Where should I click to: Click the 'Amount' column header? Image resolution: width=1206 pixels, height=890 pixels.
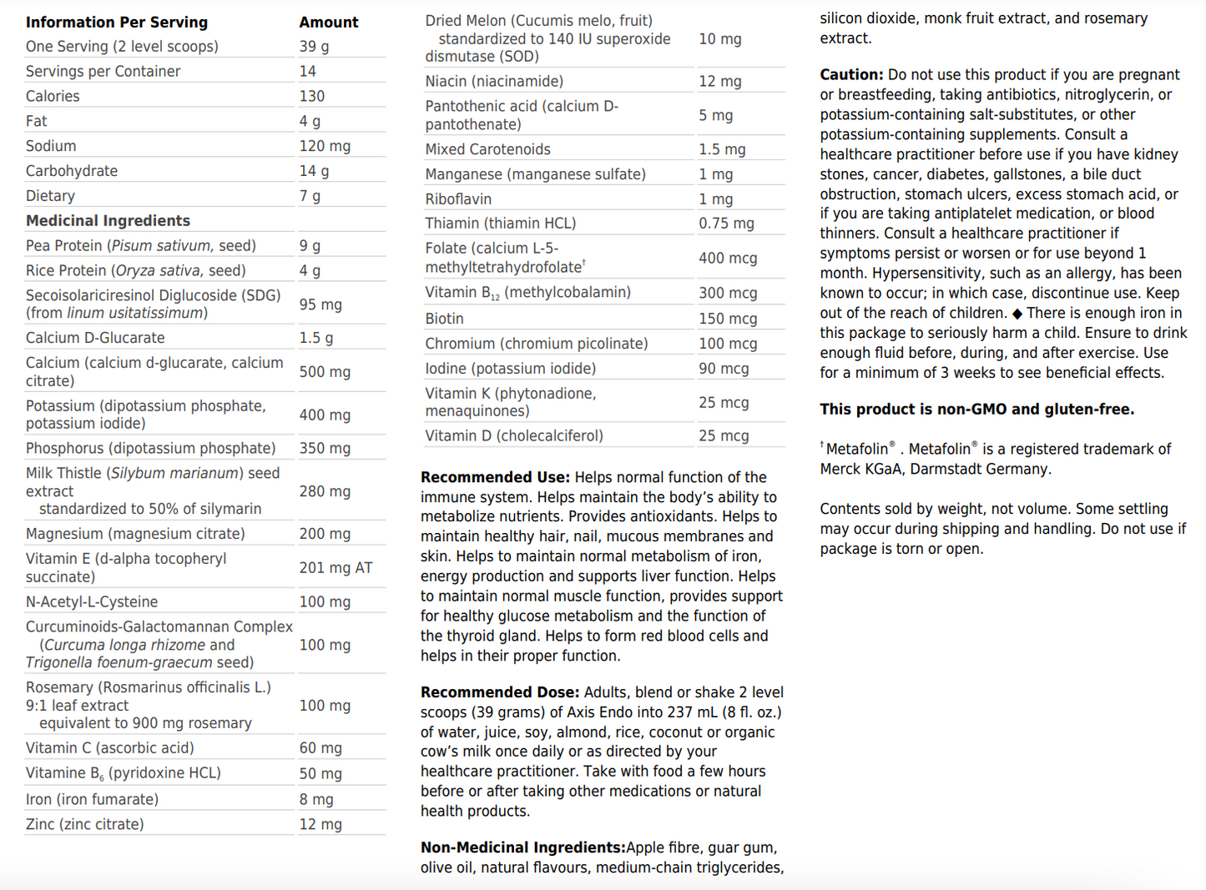pos(329,23)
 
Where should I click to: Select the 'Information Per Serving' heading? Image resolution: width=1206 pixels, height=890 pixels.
pos(117,23)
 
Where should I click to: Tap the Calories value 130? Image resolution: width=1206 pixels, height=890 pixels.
pos(312,97)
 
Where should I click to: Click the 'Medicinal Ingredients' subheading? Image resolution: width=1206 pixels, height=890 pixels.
pos(108,221)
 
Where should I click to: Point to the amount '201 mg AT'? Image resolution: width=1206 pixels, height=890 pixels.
pos(336,568)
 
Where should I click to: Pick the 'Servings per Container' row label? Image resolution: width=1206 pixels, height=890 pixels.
pos(103,72)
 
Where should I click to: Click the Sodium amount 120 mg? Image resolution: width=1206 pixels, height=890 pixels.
pos(325,147)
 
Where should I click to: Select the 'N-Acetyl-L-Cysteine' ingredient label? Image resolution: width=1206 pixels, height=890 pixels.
pos(92,602)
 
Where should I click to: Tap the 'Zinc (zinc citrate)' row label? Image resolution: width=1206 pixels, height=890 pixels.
pos(84,824)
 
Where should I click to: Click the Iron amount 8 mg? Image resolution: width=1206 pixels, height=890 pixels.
pos(316,799)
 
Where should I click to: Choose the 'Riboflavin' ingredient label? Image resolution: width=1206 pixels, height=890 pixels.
pos(458,199)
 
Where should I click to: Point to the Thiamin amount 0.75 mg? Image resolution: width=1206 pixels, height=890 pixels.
pos(726,224)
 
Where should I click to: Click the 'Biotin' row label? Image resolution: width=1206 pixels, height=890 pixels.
pos(444,319)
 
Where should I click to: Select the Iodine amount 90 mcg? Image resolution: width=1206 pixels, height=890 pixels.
pos(724,369)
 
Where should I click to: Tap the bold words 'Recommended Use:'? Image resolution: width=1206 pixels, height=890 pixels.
pos(495,477)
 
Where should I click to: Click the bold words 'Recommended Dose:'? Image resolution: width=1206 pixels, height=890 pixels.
pos(499,692)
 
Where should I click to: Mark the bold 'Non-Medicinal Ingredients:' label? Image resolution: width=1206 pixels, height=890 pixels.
pos(523,847)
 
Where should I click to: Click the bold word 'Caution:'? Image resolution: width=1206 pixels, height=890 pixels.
pos(851,75)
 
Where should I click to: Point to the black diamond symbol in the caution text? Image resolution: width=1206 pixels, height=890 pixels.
pos(1017,314)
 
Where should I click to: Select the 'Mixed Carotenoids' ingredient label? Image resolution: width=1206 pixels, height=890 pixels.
pos(487,149)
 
